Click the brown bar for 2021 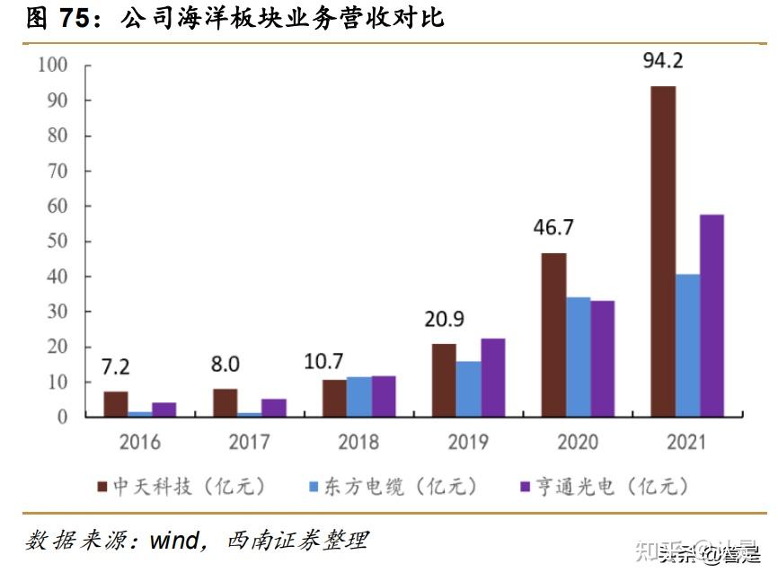pos(663,251)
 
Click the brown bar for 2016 pos(116,404)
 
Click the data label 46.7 pos(553,227)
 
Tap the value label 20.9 pos(444,319)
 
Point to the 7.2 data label pos(115,367)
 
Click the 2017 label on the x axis pos(250,442)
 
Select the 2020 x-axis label pos(577,442)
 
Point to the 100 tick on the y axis pos(52,66)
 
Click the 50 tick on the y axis pos(57,242)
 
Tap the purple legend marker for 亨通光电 pos(526,487)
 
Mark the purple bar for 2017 pos(274,408)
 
